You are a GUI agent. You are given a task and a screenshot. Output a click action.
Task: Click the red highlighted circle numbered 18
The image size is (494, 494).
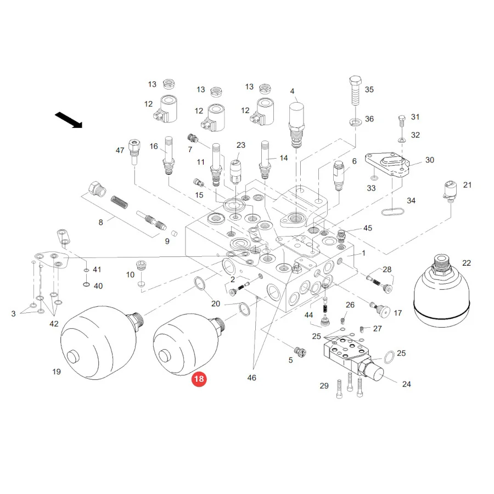click(199, 378)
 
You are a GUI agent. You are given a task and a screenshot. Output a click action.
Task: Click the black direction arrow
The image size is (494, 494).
click(69, 120)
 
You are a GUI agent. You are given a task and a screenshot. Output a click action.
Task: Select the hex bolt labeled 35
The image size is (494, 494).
click(355, 91)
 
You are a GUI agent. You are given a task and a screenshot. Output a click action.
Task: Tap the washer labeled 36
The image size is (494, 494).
click(355, 122)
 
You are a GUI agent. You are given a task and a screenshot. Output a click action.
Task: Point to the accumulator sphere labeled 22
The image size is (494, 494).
click(441, 291)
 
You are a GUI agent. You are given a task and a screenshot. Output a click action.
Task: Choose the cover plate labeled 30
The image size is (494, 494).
click(387, 165)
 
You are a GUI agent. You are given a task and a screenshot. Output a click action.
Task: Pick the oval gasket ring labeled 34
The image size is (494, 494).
click(392, 211)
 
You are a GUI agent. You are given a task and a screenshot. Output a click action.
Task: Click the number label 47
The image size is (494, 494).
click(120, 150)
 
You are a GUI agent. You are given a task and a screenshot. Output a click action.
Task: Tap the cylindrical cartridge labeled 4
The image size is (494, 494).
click(296, 125)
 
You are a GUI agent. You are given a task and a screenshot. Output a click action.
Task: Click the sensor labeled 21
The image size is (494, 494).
click(450, 190)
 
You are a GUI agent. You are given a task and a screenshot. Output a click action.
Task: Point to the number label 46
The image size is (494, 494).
click(251, 378)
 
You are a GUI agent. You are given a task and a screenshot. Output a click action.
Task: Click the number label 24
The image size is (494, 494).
click(406, 384)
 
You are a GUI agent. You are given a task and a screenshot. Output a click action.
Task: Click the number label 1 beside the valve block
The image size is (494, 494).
click(363, 253)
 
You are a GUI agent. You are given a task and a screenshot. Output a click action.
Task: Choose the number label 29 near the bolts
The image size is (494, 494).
click(324, 386)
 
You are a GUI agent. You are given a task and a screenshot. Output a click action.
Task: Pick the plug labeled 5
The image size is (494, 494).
click(300, 351)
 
